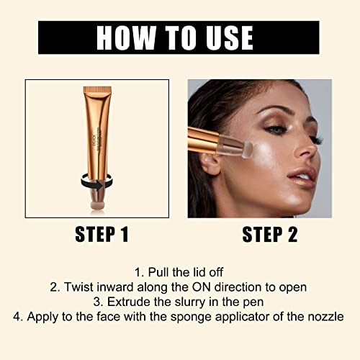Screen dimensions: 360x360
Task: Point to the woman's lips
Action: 306,176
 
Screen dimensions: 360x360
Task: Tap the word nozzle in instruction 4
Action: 324,315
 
